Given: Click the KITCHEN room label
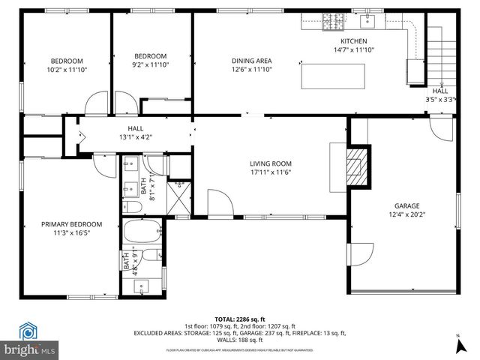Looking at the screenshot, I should [354, 41].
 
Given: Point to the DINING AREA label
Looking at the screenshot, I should [250, 61].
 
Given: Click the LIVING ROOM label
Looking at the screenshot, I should [271, 163].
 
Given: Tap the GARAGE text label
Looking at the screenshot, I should [407, 205].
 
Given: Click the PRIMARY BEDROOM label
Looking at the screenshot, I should [71, 223].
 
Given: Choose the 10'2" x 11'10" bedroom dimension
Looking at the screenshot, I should [67, 70].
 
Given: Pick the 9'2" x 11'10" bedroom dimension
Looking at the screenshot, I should [150, 64].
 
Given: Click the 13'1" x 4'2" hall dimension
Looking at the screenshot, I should [135, 137].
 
